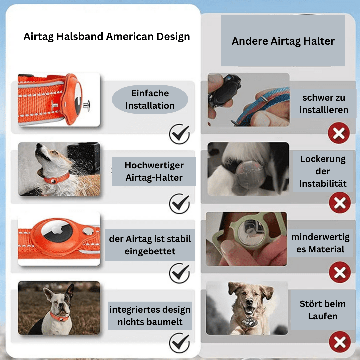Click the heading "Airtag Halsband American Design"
(107, 36)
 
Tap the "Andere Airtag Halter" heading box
(283, 41)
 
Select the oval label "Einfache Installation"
(150, 99)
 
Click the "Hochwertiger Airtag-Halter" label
(154, 171)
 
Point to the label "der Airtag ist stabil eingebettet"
(150, 245)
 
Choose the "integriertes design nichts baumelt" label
(150, 315)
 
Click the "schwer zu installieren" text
(324, 104)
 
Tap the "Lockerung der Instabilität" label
(322, 171)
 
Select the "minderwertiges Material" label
(320, 243)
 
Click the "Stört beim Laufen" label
(322, 310)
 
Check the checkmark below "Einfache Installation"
(179, 134)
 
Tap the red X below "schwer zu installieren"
(339, 133)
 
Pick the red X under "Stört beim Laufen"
(340, 342)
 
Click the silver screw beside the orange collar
(87, 106)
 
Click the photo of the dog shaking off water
(59, 169)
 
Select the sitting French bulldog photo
(59, 308)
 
